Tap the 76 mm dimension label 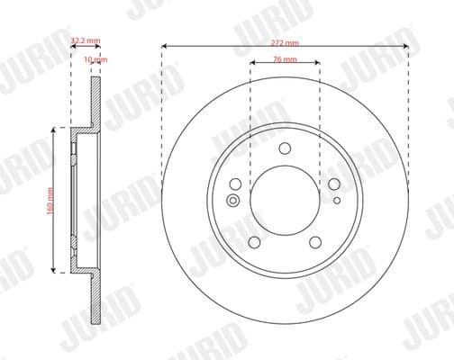[x=284, y=60]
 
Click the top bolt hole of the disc [x=285, y=150]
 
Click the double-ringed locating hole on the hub [x=234, y=200]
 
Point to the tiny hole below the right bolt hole [x=336, y=200]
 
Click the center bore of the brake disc [x=285, y=201]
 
